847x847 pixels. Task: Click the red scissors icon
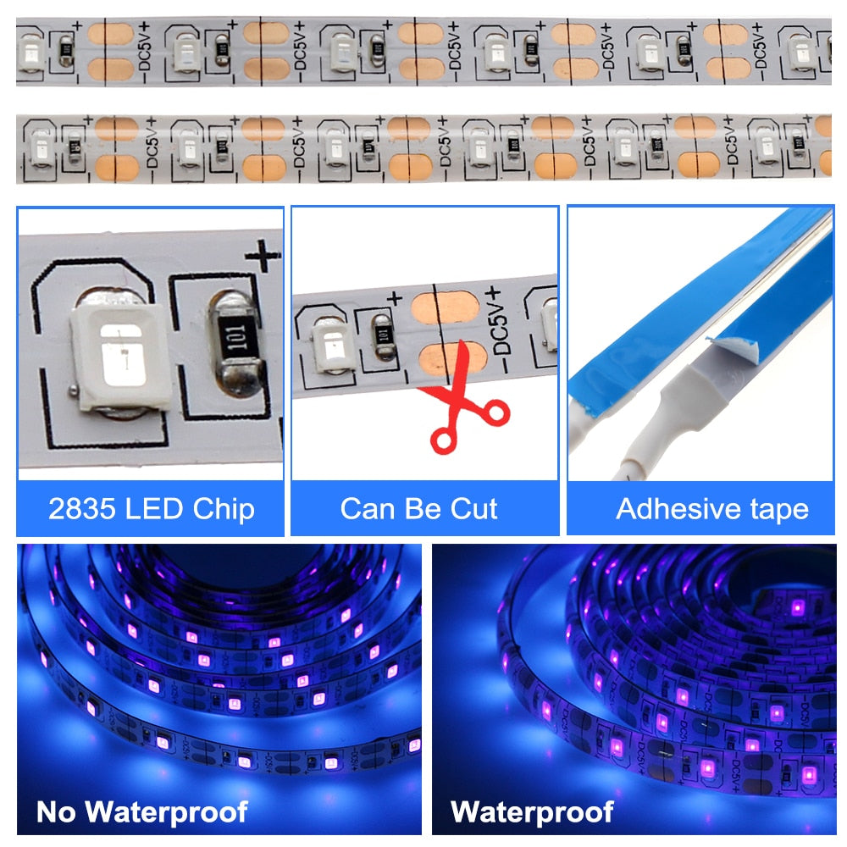point(462,407)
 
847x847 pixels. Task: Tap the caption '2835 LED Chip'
point(151,508)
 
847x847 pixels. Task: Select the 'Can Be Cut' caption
point(418,508)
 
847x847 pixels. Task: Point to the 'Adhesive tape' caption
point(711,508)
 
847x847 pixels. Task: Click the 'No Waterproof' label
point(141,811)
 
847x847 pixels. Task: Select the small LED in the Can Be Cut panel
point(327,343)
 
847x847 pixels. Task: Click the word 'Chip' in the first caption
point(222,508)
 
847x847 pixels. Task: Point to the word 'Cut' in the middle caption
point(473,508)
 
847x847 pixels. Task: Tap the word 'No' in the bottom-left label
point(57,811)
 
